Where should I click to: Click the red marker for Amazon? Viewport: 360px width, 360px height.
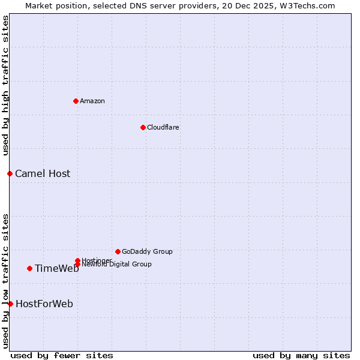point(76,101)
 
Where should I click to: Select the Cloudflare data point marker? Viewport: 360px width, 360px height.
point(143,127)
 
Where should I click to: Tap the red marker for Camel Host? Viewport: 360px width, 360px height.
point(10,173)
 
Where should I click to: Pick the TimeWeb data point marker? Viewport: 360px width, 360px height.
point(29,268)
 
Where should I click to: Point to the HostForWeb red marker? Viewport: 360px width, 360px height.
point(10,304)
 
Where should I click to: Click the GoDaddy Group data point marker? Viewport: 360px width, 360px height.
point(118,251)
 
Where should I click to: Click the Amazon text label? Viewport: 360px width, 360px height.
point(92,101)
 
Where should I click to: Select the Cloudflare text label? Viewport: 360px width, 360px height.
point(163,127)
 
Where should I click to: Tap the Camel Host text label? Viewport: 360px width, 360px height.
point(43,174)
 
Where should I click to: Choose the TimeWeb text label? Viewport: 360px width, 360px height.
point(57,269)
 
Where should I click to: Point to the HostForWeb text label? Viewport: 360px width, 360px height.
point(44,304)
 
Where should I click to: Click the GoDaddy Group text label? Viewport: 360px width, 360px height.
point(147,252)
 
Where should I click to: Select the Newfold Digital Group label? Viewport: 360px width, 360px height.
point(117,265)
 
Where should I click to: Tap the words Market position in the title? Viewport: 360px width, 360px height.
point(50,5)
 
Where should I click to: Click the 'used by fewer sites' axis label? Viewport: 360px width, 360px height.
point(62,355)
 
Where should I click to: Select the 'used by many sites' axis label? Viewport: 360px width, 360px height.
point(301,355)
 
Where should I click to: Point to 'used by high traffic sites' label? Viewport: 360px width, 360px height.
point(5,86)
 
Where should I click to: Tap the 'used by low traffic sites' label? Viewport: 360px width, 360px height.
point(5,280)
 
